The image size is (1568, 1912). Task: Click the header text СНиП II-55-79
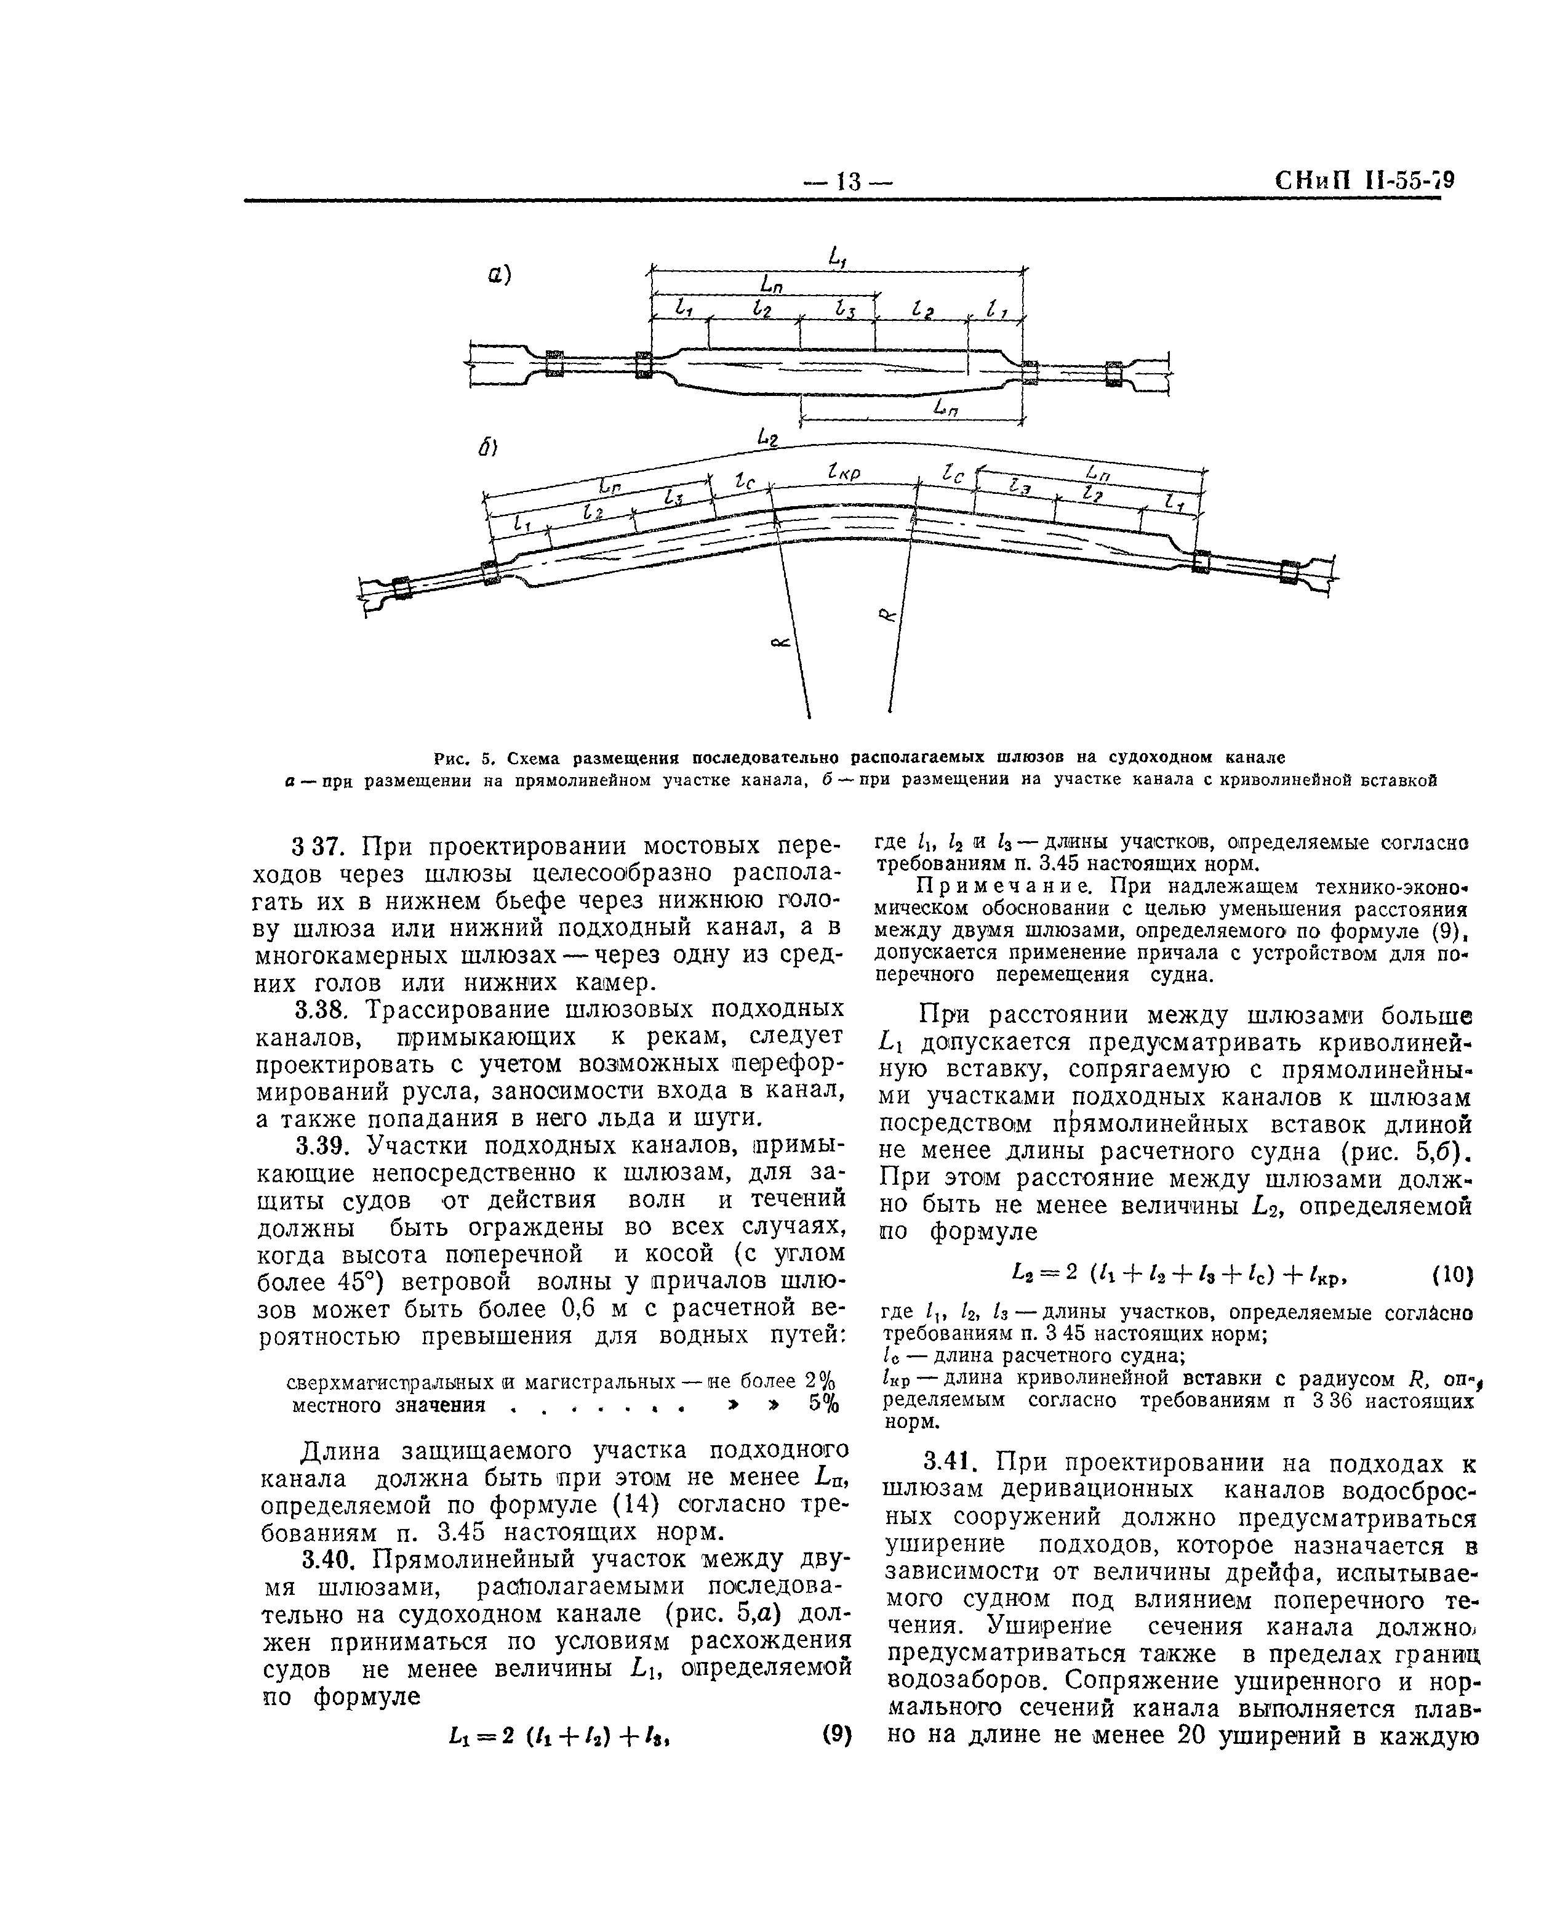(x=1364, y=180)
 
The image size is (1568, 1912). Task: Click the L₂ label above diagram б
(x=769, y=438)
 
